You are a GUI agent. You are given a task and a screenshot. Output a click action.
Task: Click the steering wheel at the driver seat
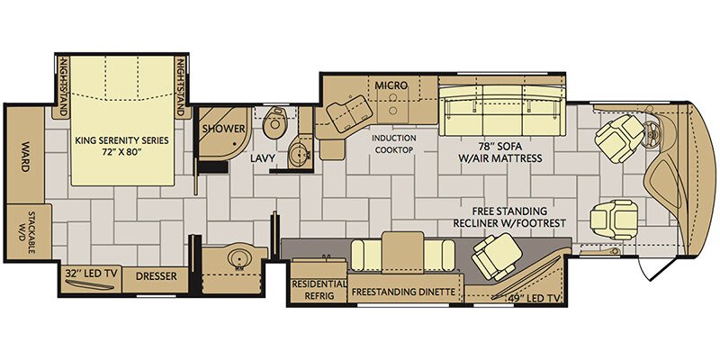(652, 133)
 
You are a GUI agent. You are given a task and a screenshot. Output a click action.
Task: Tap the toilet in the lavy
(275, 122)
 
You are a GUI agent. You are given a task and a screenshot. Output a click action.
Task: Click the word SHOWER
(223, 129)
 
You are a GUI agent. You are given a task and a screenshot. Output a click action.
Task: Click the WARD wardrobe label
(24, 159)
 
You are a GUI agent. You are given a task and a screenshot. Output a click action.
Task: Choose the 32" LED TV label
(92, 274)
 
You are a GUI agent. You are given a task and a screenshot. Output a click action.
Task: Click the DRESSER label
(156, 276)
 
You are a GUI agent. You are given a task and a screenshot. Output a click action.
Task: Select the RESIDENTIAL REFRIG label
(319, 290)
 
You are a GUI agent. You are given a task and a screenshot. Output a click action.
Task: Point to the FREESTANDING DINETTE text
(403, 292)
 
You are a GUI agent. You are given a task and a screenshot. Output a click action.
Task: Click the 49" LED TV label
(534, 299)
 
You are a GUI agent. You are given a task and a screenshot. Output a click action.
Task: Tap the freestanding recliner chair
(497, 256)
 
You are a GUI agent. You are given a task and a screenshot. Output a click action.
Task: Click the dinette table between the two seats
(402, 252)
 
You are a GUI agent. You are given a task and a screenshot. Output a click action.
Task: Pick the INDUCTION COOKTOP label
(394, 144)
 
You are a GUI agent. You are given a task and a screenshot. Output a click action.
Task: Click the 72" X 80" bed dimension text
(122, 151)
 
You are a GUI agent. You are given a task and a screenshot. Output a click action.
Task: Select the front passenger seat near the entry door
(614, 220)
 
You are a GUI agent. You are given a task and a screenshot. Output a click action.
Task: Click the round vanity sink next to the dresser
(238, 260)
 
